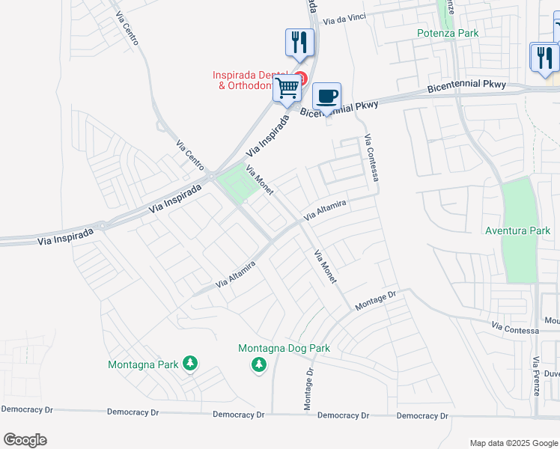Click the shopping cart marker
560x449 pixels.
point(287,89)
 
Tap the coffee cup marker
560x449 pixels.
point(326,97)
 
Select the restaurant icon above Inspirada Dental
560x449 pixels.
point(300,43)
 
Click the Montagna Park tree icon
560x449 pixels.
point(190,364)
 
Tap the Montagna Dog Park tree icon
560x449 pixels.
point(258,364)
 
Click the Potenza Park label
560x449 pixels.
point(448,33)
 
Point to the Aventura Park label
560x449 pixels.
point(517,230)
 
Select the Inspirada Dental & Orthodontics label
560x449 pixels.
point(251,80)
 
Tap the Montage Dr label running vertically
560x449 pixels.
point(308,388)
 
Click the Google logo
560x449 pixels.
point(25,440)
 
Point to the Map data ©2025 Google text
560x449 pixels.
point(513,443)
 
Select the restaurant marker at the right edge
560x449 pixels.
point(544,57)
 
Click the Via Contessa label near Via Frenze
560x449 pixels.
point(515,328)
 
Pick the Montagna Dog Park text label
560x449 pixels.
point(284,348)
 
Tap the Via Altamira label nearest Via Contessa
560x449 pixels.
point(325,210)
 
